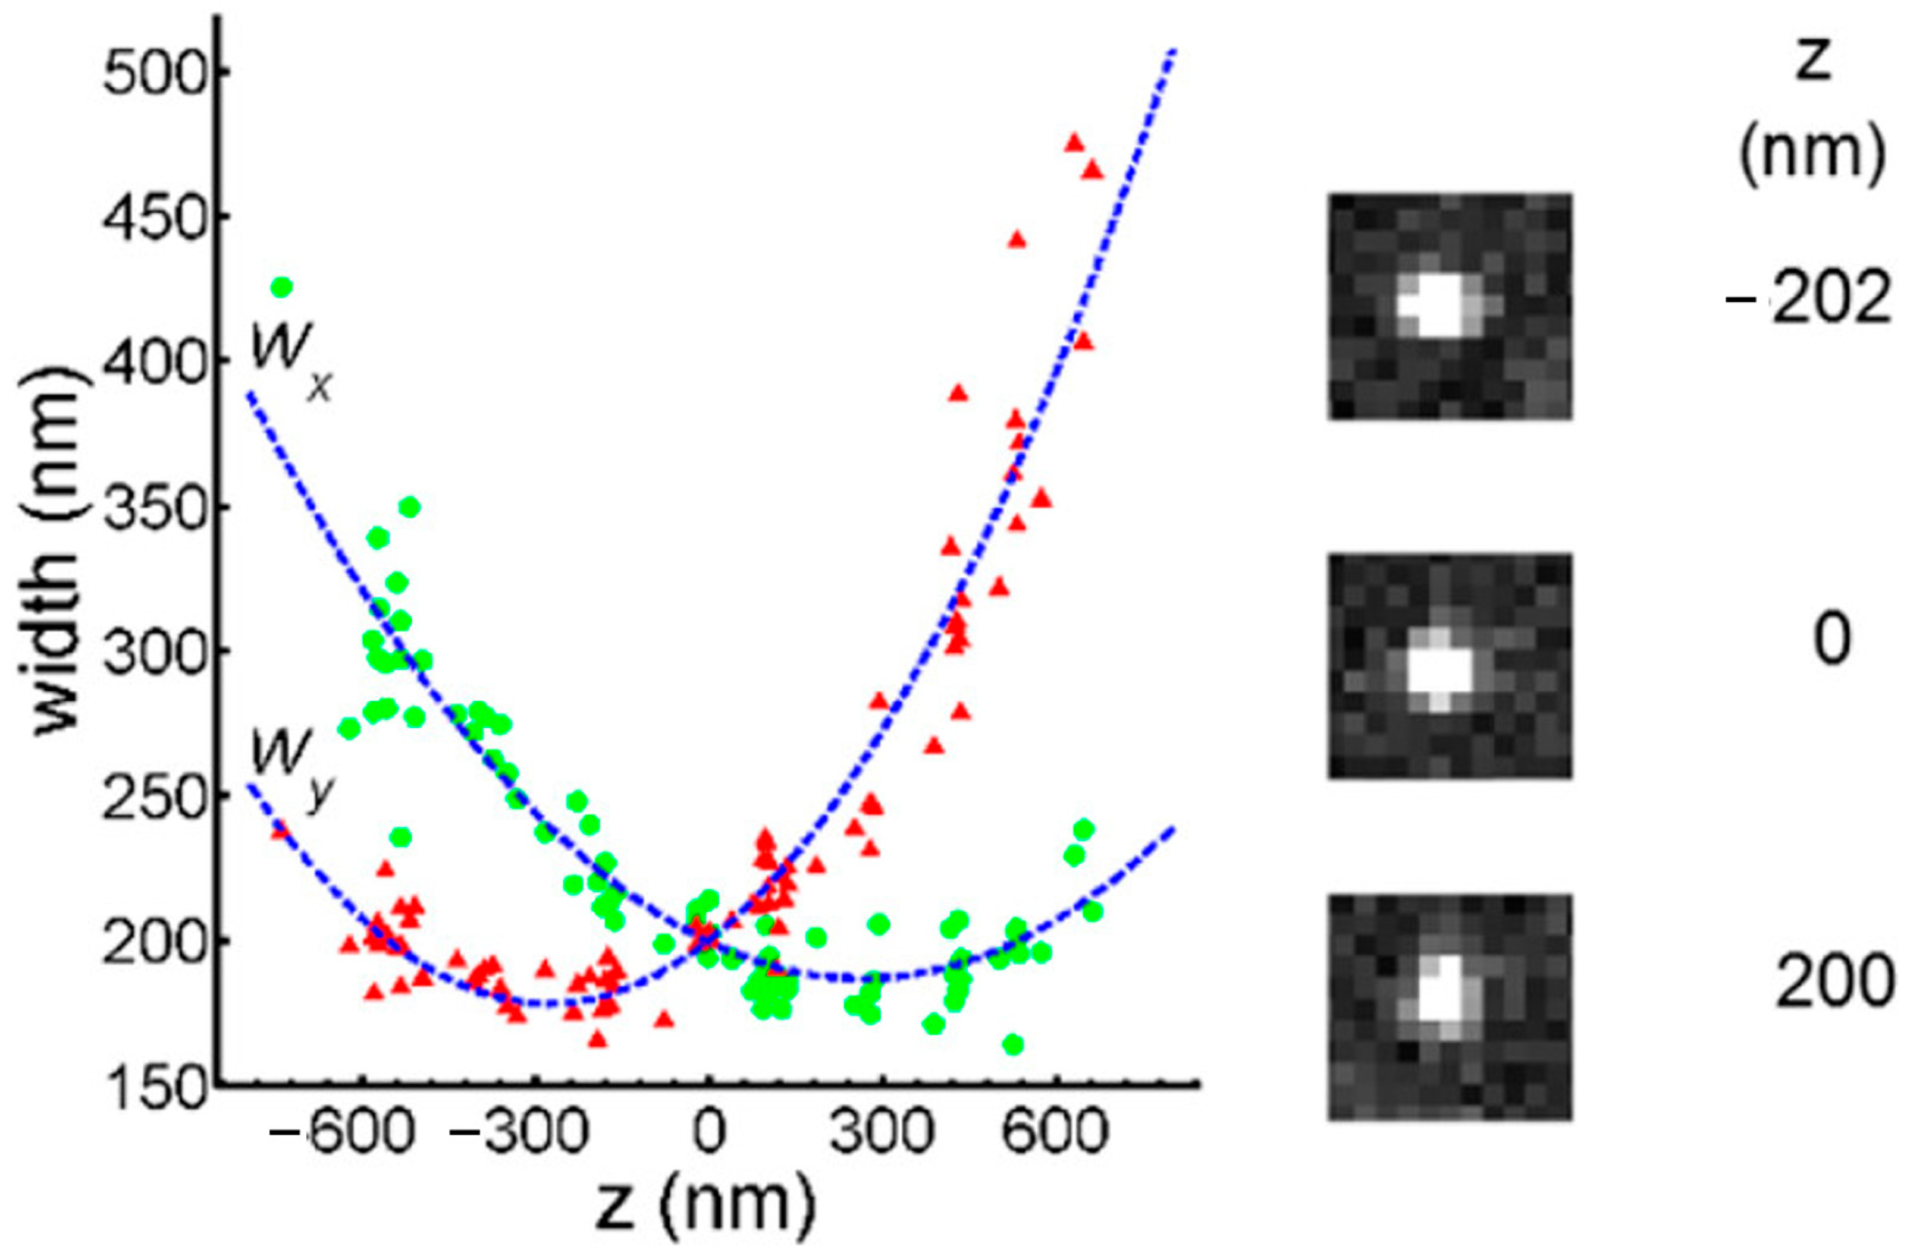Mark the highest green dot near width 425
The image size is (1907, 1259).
(x=281, y=287)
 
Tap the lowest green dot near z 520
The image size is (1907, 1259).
(x=1013, y=1044)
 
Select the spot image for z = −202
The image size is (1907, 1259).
(x=1449, y=306)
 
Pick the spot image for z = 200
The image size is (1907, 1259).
(x=1449, y=1007)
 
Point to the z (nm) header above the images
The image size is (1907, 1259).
(x=1812, y=117)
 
